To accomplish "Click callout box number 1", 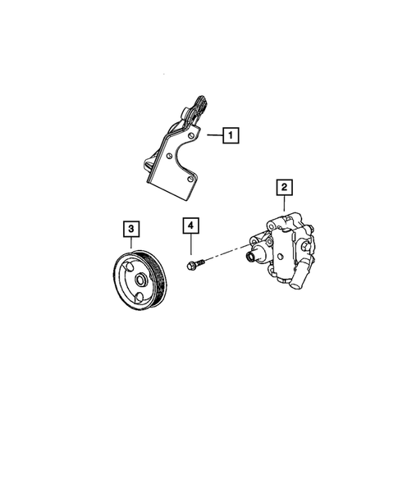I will (x=232, y=134).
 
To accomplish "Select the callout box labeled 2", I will (x=284, y=189).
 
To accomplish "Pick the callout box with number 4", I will (x=190, y=225).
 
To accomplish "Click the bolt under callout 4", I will (x=194, y=264).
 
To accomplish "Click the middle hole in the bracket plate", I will (x=170, y=153).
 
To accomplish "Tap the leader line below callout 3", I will (x=131, y=242).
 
